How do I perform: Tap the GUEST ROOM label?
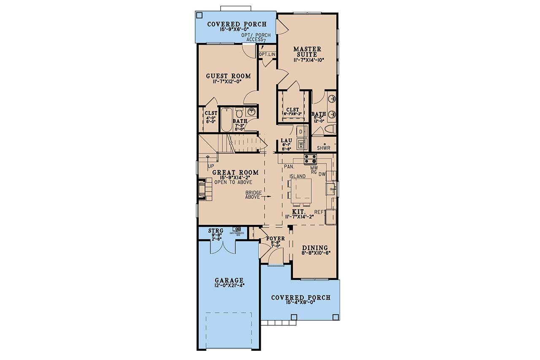click(228, 76)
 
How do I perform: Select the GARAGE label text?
click(229, 280)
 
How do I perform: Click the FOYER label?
click(275, 238)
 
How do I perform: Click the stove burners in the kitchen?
click(310, 159)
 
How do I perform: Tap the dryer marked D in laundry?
click(301, 131)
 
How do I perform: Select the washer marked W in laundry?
click(301, 144)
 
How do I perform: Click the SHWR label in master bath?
click(323, 148)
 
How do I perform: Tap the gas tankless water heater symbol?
click(231, 229)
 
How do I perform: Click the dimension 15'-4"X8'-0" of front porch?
click(300, 303)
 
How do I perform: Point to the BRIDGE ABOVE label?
click(254, 195)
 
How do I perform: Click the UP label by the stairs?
click(211, 166)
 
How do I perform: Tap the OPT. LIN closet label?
click(267, 55)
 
